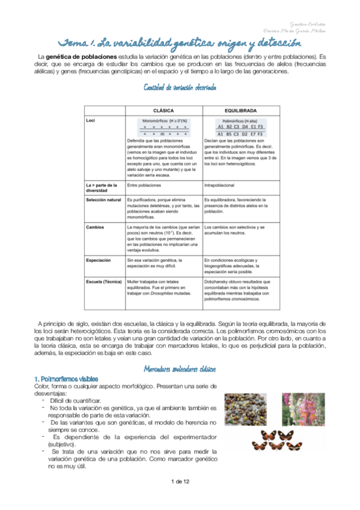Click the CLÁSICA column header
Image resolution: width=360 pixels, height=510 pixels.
(163, 111)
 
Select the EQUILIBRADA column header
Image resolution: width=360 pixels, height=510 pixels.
(240, 111)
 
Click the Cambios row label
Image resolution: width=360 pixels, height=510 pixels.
(95, 227)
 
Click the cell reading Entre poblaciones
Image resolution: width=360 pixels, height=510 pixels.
(144, 185)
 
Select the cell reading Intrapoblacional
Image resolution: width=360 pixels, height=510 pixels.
(222, 185)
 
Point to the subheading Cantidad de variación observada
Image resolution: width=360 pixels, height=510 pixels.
(180, 88)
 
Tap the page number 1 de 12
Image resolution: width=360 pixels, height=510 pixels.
(180, 481)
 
